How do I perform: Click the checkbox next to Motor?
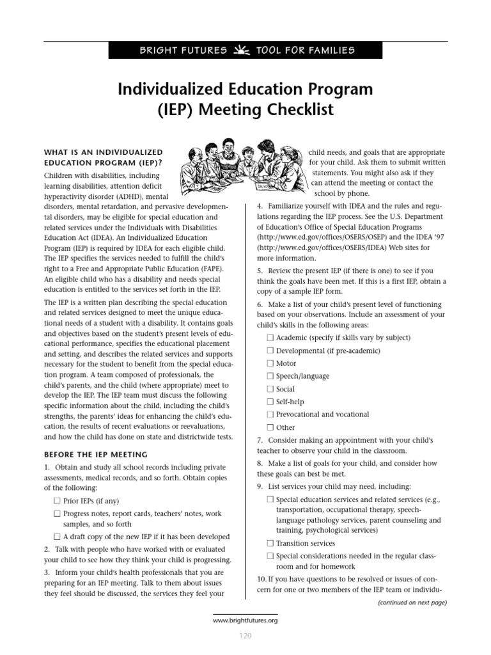(270, 363)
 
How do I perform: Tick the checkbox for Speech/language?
(270, 376)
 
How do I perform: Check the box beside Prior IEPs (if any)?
(58, 501)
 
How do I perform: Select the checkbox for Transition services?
(270, 543)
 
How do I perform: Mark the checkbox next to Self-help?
(270, 402)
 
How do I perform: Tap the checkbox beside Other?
(270, 427)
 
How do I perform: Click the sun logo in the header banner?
(242, 50)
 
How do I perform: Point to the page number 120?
(245, 636)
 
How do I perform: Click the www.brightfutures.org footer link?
(245, 620)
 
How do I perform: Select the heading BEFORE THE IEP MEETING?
(96, 455)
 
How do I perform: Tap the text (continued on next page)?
(412, 603)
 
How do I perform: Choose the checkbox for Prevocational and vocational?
(270, 414)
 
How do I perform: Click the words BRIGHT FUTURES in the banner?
(183, 51)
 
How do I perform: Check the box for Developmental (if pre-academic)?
(270, 351)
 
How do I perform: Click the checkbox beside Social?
(270, 389)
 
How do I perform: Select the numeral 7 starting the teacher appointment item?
(260, 441)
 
